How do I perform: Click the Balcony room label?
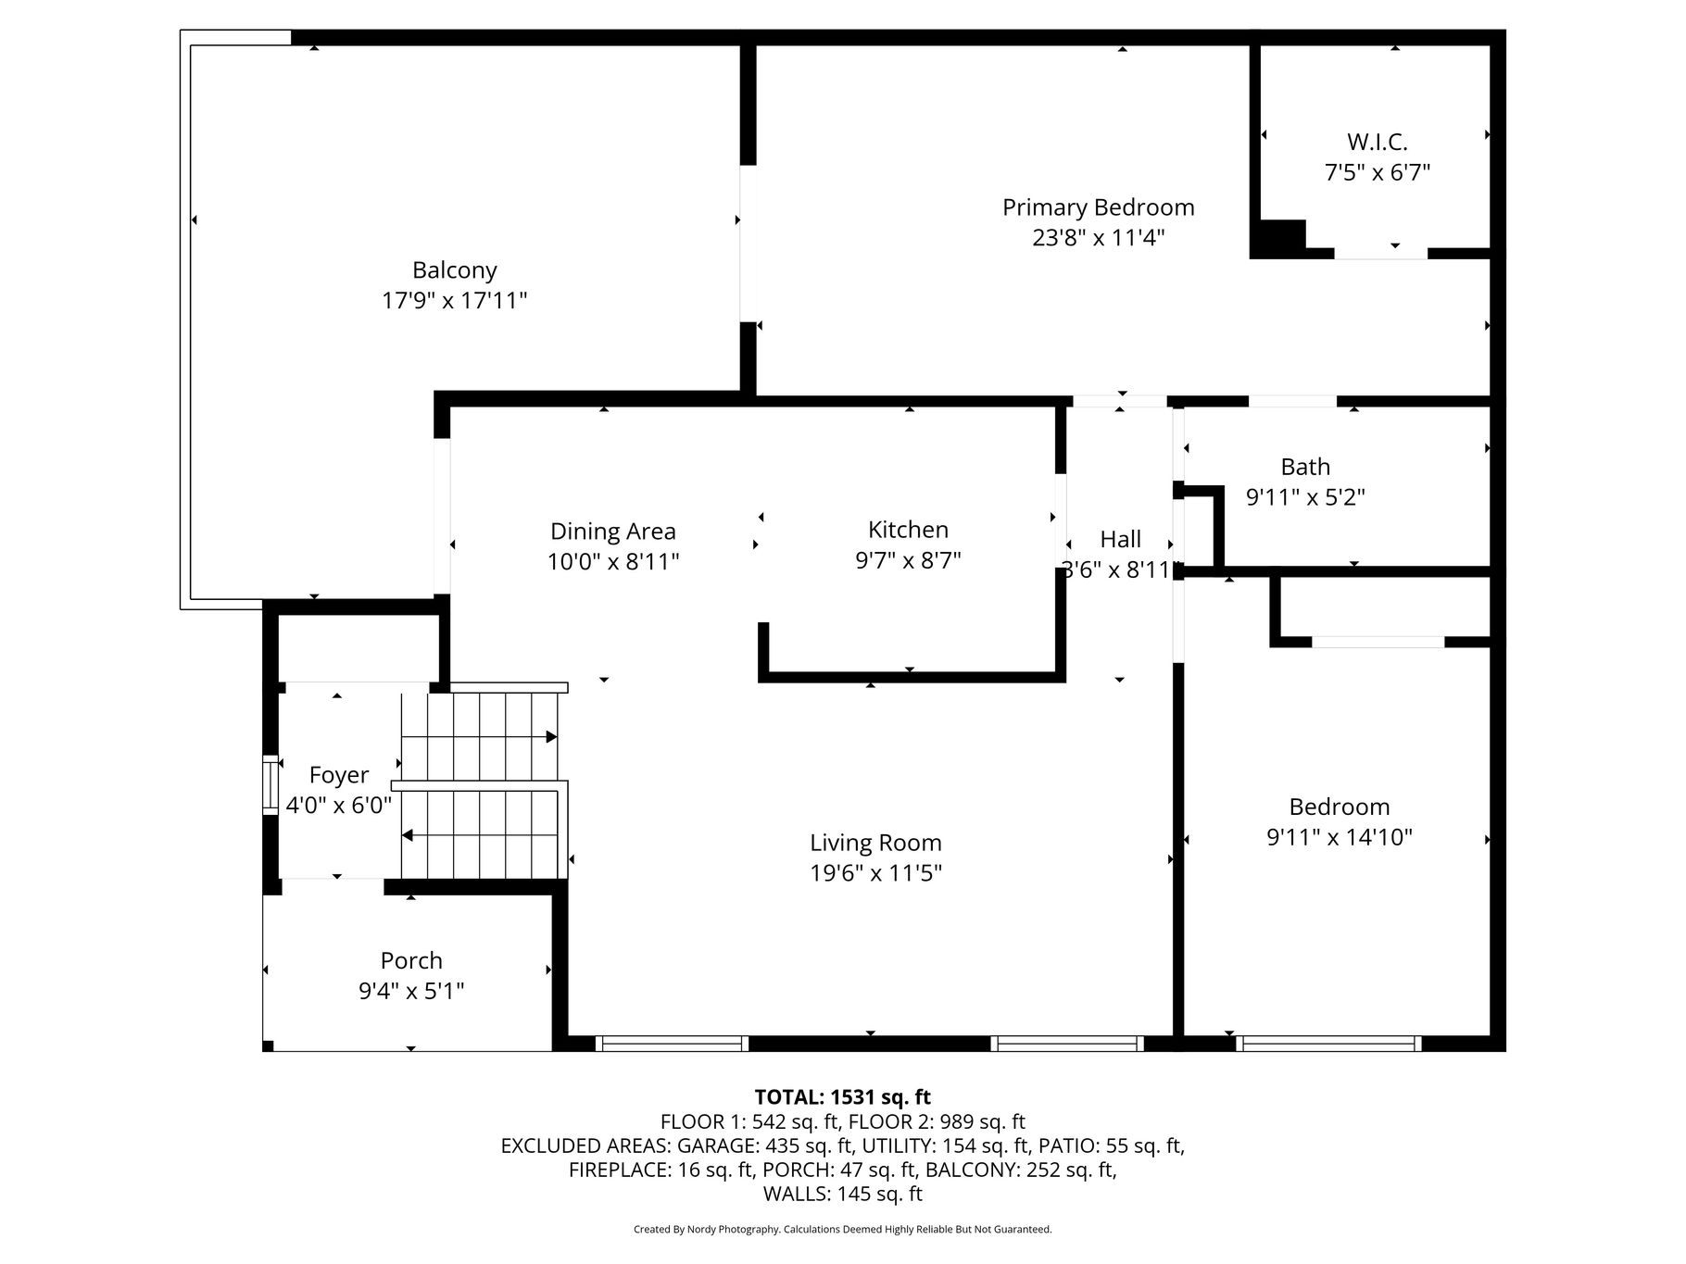point(455,270)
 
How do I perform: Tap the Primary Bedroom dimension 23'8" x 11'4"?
point(1099,238)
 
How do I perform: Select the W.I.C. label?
point(1378,143)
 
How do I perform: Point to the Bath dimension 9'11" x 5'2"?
point(1305,497)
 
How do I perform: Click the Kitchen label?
point(908,530)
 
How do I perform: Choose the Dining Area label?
point(613,532)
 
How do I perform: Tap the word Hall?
point(1121,539)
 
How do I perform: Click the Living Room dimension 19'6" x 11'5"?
point(876,873)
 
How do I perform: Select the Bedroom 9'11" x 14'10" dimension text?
point(1340,837)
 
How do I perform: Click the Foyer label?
point(339,775)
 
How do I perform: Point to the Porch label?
point(411,960)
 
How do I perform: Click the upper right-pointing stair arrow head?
point(551,737)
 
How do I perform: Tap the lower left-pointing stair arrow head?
point(408,835)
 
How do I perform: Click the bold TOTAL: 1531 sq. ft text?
point(843,1097)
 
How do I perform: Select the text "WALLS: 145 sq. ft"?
point(843,1194)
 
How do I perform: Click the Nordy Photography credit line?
point(843,1230)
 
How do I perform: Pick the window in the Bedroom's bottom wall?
point(1328,1044)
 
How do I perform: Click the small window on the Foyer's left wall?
point(271,785)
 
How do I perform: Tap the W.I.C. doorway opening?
point(1380,253)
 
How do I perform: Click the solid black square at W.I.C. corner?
point(1278,238)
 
